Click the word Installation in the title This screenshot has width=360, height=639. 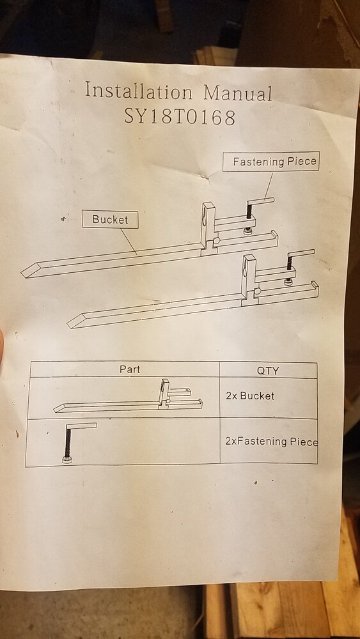pos(139,91)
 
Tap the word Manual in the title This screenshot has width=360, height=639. pos(238,93)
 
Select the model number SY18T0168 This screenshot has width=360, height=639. pos(180,116)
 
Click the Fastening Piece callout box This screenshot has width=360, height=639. pos(271,162)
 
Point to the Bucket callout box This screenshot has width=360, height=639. pos(110,220)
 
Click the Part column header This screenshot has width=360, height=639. pos(130,369)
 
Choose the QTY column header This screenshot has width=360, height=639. pos(268,371)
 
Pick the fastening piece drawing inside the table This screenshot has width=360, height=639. pos(77,442)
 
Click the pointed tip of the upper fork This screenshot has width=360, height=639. pos(22,275)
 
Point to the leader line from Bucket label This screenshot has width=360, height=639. pos(129,242)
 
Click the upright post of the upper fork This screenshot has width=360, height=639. pos(208,226)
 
